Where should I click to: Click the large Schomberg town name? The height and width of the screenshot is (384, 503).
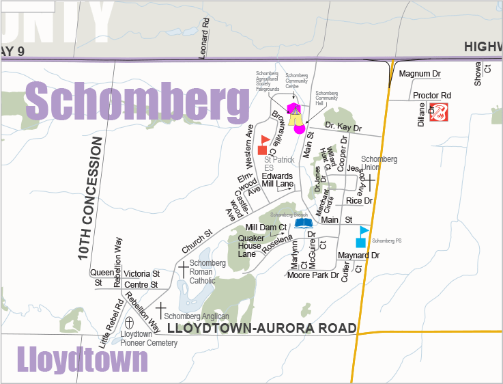136,102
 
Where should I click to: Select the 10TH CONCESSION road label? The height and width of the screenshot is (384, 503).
85,198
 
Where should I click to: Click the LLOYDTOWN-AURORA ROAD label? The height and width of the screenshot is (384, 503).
262,329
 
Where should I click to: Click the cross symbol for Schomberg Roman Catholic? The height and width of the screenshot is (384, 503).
183,269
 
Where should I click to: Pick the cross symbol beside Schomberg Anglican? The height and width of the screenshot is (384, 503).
160,310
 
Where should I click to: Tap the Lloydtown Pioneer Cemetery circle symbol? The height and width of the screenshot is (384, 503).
130,322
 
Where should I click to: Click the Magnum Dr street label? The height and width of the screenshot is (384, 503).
420,73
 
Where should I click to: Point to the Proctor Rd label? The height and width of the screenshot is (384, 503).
432,95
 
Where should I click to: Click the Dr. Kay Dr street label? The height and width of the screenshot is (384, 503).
343,127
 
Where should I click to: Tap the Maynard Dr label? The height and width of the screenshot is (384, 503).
358,256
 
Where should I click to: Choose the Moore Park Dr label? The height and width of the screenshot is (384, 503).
313,275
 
